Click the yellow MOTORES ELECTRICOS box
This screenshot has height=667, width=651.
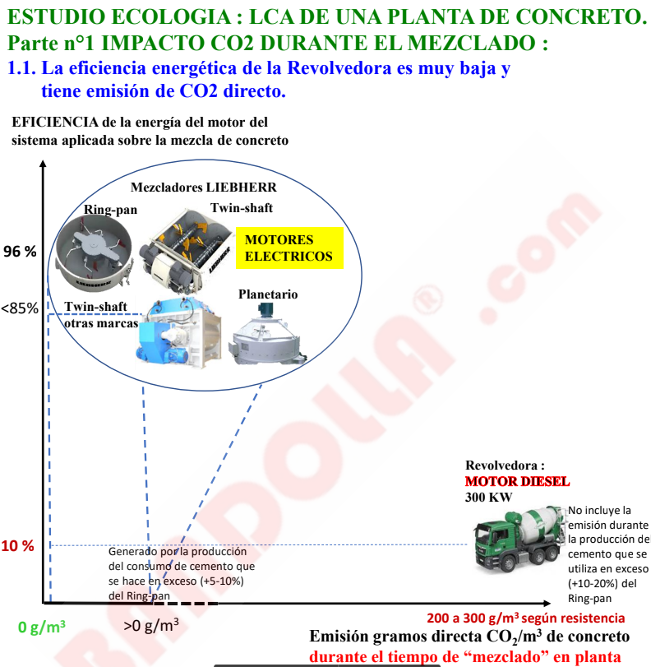point(289,248)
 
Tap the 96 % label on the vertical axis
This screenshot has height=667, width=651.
point(21,252)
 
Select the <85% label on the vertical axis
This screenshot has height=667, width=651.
point(20,309)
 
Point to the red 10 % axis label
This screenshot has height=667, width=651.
point(18,546)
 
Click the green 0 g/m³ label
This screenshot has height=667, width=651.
point(41,628)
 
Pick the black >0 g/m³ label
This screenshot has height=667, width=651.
point(151,626)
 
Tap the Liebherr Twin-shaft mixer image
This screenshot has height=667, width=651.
point(185,247)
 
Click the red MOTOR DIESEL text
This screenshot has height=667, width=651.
point(517,481)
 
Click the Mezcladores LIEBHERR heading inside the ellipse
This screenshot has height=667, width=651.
point(198,188)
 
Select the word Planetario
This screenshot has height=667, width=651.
point(268,294)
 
